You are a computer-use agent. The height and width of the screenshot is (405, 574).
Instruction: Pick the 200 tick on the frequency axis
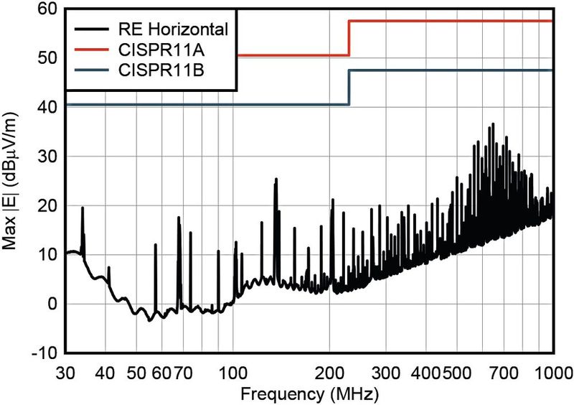[330, 373]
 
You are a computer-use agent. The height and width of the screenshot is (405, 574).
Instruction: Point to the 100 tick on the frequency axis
[233, 373]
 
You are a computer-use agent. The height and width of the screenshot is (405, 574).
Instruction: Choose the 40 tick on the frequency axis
[106, 373]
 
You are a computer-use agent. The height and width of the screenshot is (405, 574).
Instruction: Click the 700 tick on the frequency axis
[503, 373]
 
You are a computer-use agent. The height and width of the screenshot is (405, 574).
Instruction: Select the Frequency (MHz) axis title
[306, 394]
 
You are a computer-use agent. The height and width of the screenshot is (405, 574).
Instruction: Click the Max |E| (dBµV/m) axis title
[14, 180]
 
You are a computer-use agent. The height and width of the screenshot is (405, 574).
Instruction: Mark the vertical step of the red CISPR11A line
[349, 39]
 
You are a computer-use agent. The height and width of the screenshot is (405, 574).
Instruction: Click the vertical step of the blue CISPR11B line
[349, 88]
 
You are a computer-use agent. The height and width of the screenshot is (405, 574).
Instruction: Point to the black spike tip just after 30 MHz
[83, 208]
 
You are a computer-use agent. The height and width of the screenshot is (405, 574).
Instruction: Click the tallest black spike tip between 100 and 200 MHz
[276, 179]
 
